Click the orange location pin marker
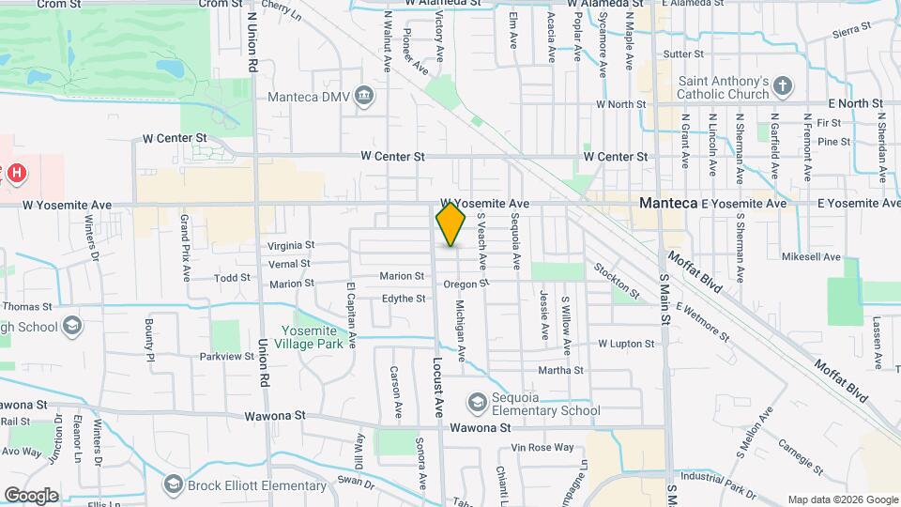(x=450, y=224)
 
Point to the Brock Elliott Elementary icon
(x=172, y=484)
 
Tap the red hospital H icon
(x=16, y=173)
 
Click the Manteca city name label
(x=666, y=203)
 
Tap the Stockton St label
(x=617, y=281)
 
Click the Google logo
(x=31, y=495)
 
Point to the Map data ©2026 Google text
(x=841, y=499)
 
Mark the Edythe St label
(x=404, y=299)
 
